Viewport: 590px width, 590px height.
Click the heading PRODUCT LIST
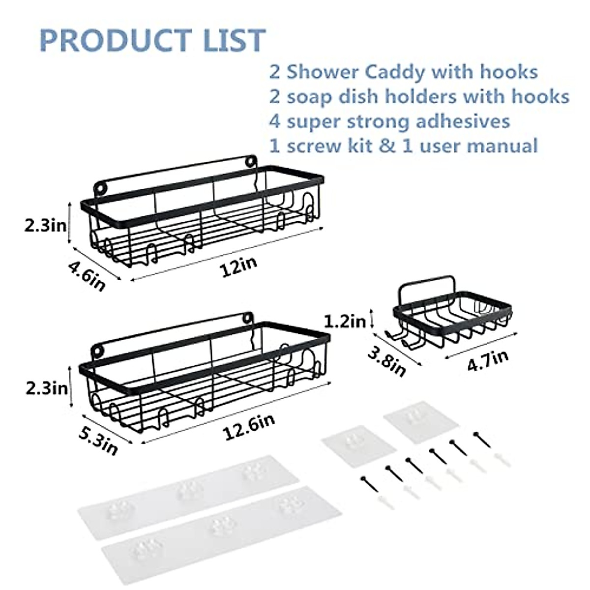coord(152,40)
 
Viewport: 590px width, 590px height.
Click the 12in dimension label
coord(238,268)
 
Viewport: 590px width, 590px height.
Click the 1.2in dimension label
coord(345,322)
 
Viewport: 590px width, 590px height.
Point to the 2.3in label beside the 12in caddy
coord(45,226)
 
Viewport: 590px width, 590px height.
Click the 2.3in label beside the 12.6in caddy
coord(46,388)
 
